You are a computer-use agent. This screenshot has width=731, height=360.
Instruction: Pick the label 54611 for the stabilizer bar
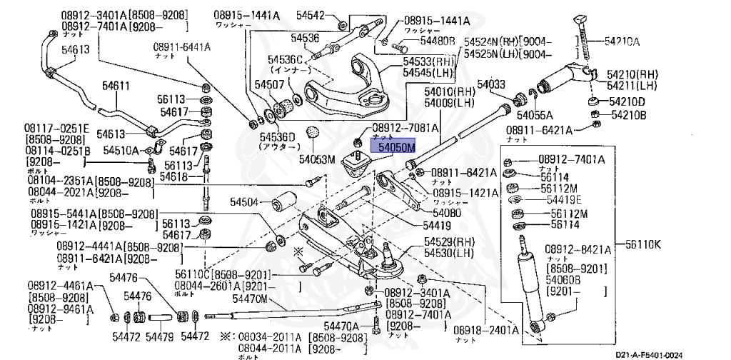115,86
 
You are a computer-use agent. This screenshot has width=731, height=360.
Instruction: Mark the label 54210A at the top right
622,42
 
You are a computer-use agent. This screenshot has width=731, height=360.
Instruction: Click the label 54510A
121,150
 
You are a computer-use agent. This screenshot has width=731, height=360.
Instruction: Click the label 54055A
535,114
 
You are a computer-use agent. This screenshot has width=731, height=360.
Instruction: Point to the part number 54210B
627,115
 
